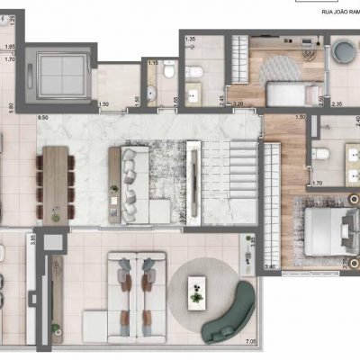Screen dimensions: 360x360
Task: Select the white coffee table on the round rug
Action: pos(197,291)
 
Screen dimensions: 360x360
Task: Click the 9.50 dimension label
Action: pos(41,117)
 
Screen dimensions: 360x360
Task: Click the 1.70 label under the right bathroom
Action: pos(318,183)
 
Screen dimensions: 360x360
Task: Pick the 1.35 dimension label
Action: pos(190,40)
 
